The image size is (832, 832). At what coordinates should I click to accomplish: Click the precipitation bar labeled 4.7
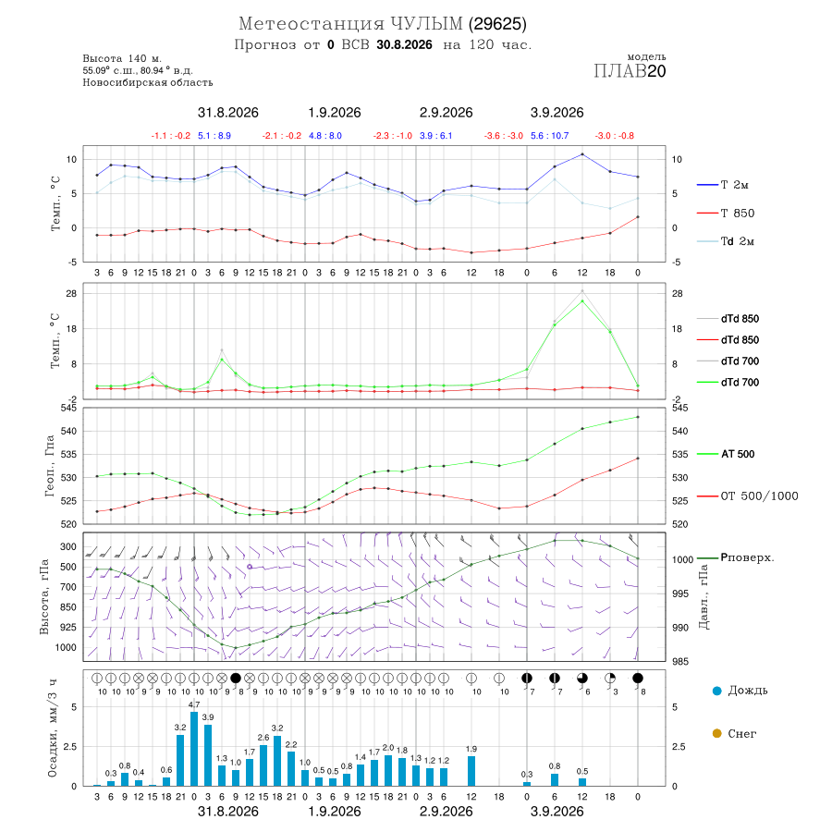click(x=194, y=749)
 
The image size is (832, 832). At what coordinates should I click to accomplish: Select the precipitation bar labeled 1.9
click(x=471, y=771)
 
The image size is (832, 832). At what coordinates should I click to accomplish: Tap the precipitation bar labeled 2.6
click(x=263, y=765)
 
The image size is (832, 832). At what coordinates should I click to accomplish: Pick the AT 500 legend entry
click(x=726, y=454)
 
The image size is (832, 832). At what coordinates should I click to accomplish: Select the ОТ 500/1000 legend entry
click(x=747, y=496)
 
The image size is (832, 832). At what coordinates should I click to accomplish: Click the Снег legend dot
click(x=716, y=733)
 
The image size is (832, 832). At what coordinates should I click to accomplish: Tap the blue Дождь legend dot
click(x=716, y=691)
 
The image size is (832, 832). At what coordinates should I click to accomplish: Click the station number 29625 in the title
click(x=497, y=24)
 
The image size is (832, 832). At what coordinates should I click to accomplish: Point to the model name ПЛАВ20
click(x=630, y=71)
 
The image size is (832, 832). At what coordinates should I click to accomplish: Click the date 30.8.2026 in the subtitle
click(x=404, y=44)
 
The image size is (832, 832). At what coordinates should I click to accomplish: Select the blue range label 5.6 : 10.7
click(x=549, y=136)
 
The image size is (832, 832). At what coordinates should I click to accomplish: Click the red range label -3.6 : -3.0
click(x=503, y=136)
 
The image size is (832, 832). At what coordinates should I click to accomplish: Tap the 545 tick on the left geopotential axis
click(x=69, y=408)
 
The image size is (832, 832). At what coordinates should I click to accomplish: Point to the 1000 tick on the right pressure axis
click(x=682, y=560)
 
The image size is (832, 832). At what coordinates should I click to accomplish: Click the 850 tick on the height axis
click(x=67, y=607)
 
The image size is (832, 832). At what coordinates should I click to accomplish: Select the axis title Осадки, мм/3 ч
click(x=52, y=728)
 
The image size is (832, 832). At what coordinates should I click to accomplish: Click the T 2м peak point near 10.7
click(x=582, y=154)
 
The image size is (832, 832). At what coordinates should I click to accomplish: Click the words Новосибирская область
click(x=148, y=83)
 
